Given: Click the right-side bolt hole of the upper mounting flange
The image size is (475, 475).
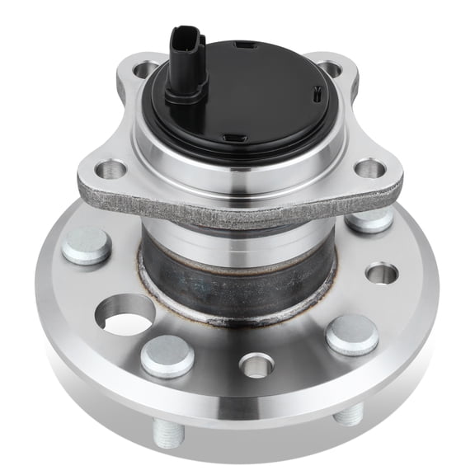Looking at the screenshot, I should [x=369, y=168].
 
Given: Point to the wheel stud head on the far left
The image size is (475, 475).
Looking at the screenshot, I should [x=86, y=246].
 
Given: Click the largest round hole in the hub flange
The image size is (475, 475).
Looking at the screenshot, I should [x=125, y=315].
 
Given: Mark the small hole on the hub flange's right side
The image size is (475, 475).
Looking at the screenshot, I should [x=381, y=272].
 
